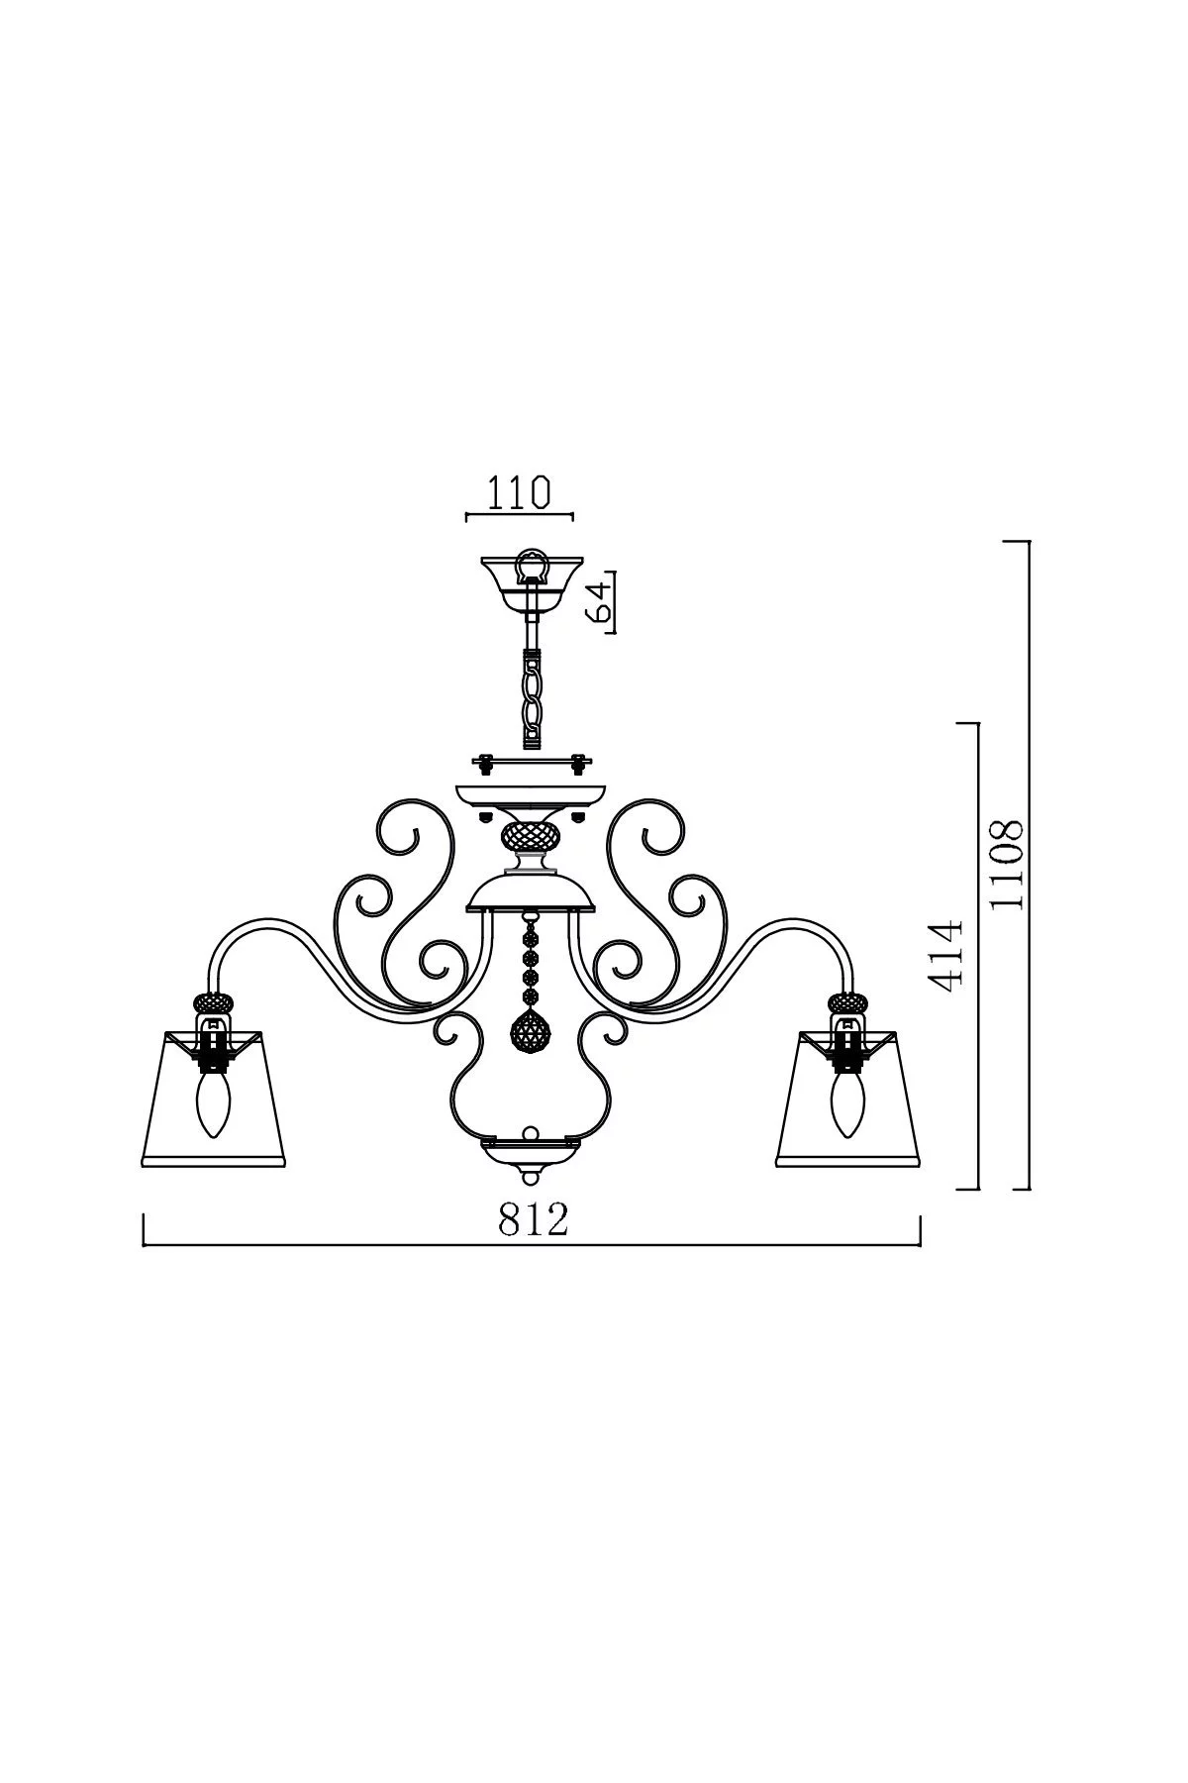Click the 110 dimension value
point(518,492)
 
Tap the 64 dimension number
point(599,600)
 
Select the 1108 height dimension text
point(1008,864)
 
